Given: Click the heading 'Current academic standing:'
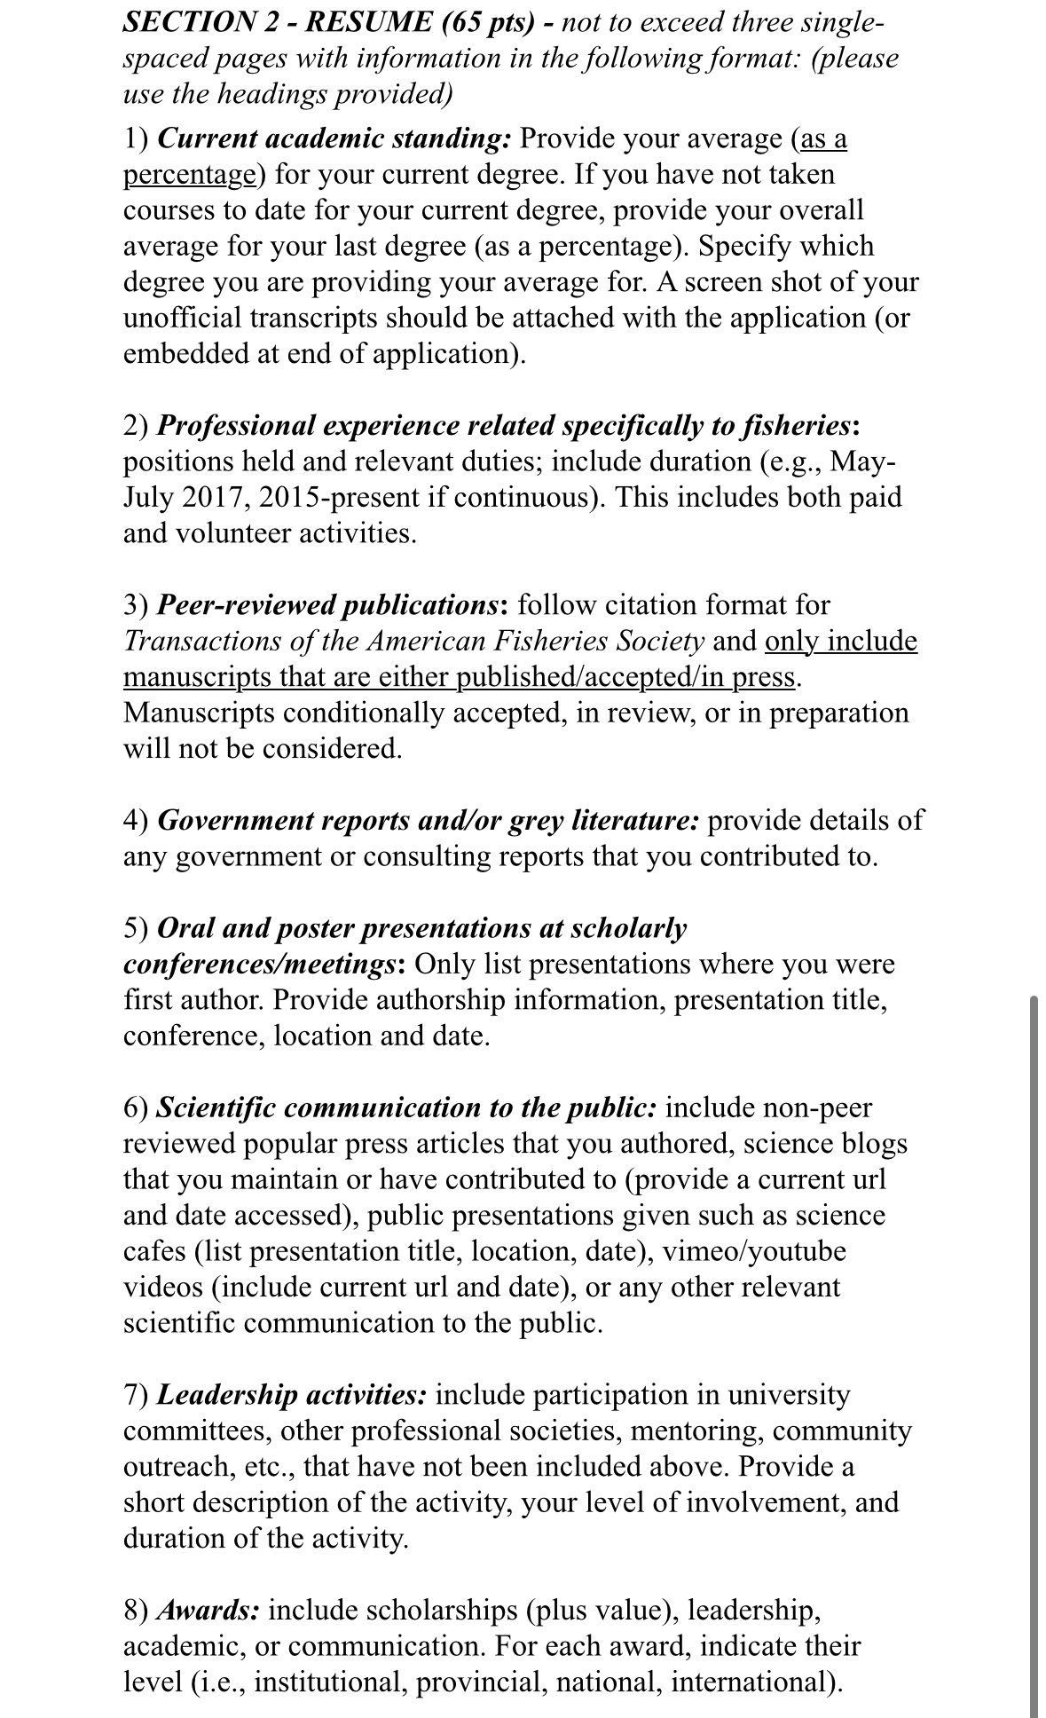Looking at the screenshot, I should (x=334, y=138).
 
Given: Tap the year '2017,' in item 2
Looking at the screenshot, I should (x=216, y=497).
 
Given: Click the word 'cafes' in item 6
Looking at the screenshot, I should (x=154, y=1251).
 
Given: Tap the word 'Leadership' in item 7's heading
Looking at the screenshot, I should (x=228, y=1395).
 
